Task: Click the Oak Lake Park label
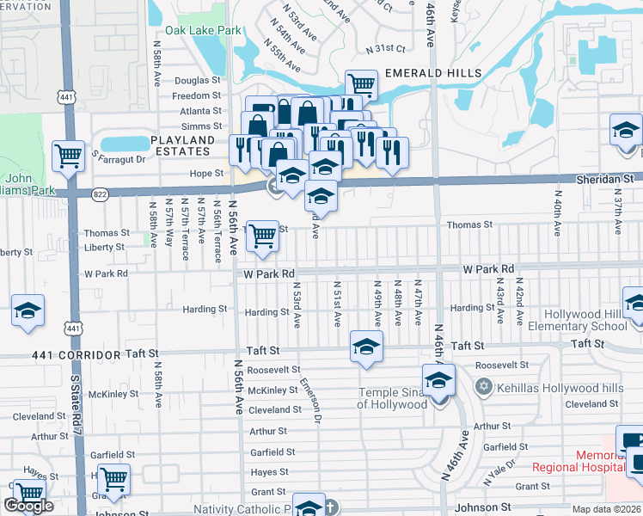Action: pos(204,30)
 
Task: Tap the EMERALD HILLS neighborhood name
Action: pos(432,73)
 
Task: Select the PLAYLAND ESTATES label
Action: pos(181,145)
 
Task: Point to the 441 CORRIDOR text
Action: pos(72,354)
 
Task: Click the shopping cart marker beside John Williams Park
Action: pos(68,156)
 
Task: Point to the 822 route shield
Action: pos(101,193)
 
